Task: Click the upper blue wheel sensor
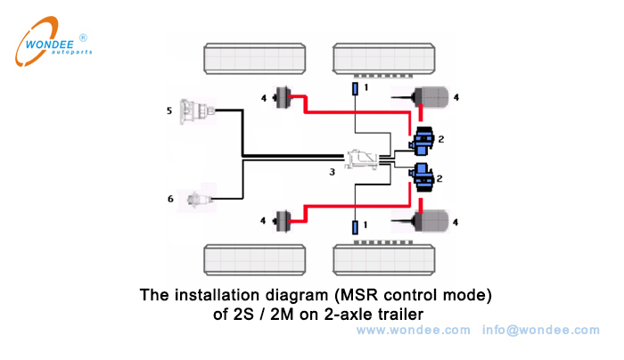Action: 355,89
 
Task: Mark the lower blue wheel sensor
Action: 355,226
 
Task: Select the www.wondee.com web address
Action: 413,330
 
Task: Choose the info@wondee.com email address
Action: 541,330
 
